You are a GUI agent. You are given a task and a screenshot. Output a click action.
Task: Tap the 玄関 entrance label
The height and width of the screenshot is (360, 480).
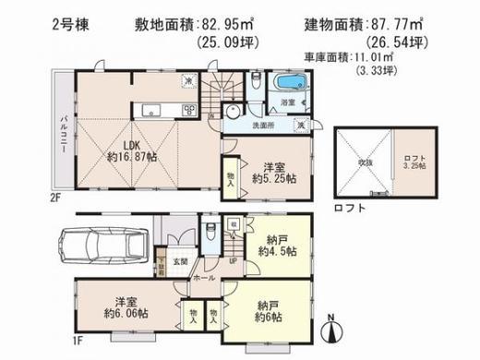tap(181, 261)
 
